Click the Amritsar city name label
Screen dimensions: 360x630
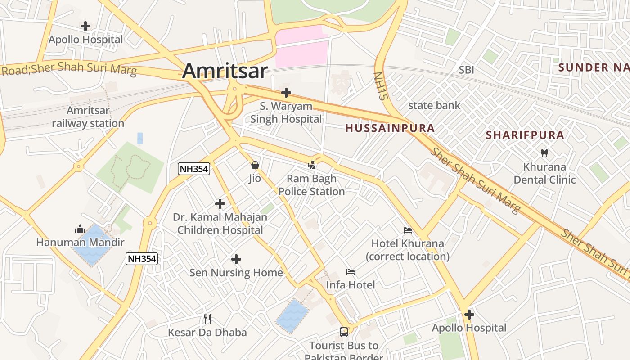[x=225, y=71]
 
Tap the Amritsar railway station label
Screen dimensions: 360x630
[x=88, y=117]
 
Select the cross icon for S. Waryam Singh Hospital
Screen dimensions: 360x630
[x=286, y=93]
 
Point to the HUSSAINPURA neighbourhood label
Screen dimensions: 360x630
[x=390, y=128]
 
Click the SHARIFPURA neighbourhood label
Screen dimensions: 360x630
[x=525, y=135]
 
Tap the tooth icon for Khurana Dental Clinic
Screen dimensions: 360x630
[x=544, y=153]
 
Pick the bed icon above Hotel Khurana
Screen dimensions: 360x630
[x=408, y=230]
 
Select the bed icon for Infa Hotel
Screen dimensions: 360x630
[x=351, y=271]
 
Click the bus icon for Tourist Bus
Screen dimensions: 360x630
[x=344, y=332]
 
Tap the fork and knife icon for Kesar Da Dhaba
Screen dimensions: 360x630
[x=207, y=319]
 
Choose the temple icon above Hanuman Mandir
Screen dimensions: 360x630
[x=80, y=229]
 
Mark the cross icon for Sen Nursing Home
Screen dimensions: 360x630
[x=236, y=259]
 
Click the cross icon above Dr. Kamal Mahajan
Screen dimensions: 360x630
[x=220, y=204]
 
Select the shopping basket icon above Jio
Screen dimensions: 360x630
[x=255, y=165]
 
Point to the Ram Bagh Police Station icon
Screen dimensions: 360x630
[x=312, y=165]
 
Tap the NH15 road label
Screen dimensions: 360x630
[x=381, y=85]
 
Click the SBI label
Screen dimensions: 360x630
[x=466, y=70]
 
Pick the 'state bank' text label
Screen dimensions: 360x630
[x=434, y=106]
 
